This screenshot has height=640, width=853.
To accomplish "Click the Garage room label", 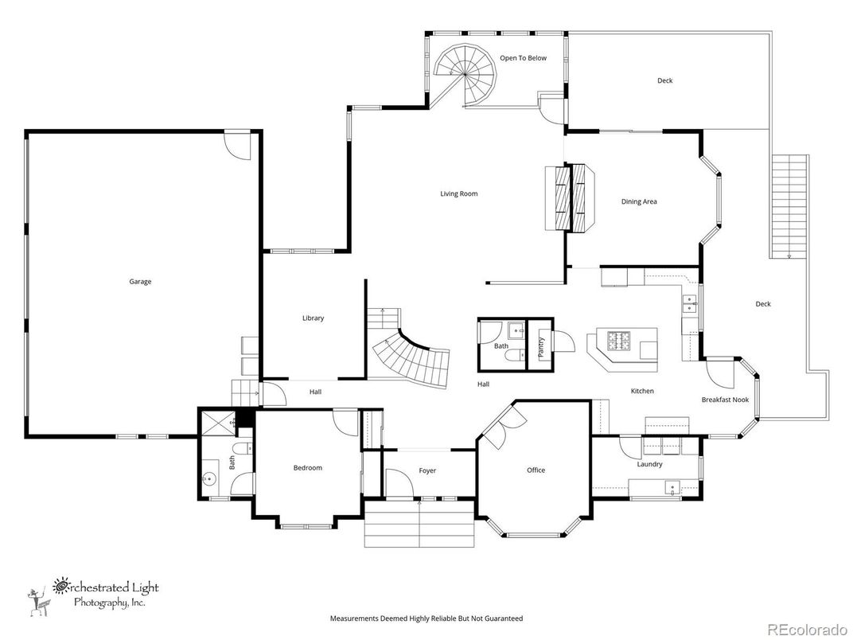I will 140,281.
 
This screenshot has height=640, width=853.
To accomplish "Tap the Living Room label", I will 459,193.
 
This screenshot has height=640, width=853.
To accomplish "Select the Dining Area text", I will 639,201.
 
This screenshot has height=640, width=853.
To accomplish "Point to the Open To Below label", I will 523,58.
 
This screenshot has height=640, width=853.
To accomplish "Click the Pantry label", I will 542,345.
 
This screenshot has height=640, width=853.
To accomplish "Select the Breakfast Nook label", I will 724,400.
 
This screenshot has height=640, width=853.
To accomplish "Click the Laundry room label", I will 650,464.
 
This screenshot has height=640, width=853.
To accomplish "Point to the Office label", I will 536,470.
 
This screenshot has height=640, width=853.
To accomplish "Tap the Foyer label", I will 427,470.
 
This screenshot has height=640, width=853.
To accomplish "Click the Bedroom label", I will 307,467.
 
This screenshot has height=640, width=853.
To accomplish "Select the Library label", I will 313,318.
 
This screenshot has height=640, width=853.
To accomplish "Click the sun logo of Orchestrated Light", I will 60,587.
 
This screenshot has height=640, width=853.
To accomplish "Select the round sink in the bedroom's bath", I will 210,478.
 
